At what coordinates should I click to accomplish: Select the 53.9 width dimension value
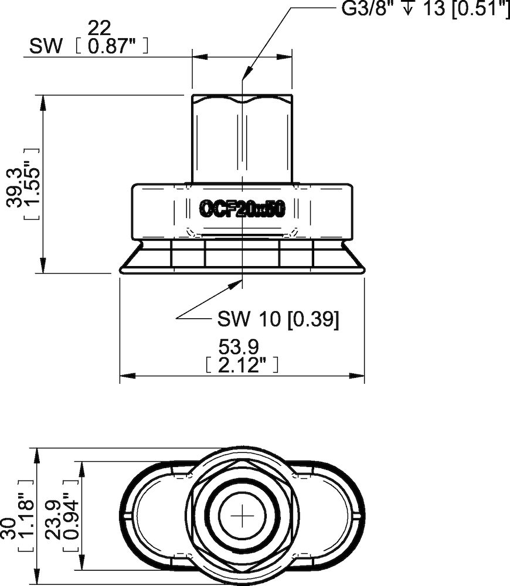pos(241,347)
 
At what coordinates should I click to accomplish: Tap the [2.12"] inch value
pos(241,365)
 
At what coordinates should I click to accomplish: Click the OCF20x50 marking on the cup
pos(242,209)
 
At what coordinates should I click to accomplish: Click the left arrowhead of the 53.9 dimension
pos(124,376)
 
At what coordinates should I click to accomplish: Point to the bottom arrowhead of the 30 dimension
pos(37,581)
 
